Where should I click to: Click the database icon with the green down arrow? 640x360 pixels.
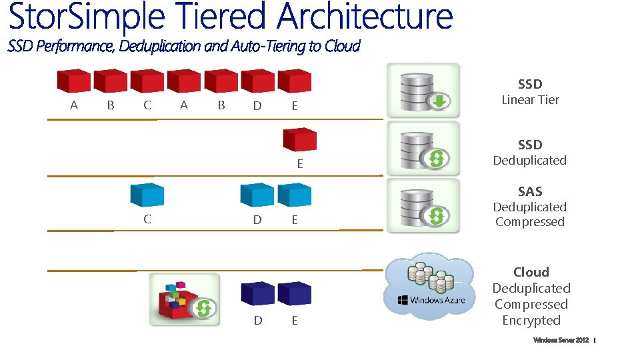tap(423, 91)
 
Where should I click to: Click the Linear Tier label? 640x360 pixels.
tap(530, 100)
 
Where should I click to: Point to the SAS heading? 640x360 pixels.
tap(530, 192)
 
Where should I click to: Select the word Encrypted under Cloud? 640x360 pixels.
tap(531, 321)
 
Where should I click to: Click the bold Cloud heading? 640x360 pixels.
tap(531, 272)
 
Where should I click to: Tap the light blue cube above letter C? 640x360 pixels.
tap(147, 195)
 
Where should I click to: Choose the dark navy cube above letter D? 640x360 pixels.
tap(257, 293)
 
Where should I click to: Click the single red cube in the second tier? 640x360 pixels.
tap(300, 139)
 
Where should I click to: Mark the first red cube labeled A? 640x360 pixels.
tap(73, 81)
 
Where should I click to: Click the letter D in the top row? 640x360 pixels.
tap(257, 106)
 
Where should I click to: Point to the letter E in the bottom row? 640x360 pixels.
tap(295, 321)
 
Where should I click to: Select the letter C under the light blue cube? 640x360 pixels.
tap(147, 219)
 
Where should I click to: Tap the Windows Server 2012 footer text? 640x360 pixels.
tap(561, 341)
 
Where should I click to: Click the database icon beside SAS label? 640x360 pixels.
tap(423, 205)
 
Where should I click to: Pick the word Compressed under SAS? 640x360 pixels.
tap(530, 222)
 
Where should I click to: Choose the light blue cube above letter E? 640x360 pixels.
tap(295, 195)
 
